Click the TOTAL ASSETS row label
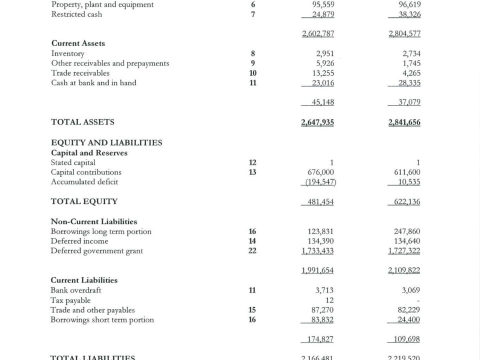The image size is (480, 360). click(x=82, y=122)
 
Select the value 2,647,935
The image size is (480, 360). click(x=318, y=122)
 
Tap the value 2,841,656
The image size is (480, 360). click(x=404, y=122)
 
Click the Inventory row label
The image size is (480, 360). click(x=67, y=53)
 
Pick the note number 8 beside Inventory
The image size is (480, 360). click(x=253, y=53)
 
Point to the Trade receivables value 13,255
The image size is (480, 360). click(x=322, y=73)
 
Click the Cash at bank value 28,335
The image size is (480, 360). click(x=408, y=83)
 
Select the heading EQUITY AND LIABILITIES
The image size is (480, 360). click(x=106, y=142)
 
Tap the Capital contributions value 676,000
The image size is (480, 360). click(x=320, y=172)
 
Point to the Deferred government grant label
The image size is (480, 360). click(x=97, y=251)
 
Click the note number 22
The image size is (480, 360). click(x=253, y=251)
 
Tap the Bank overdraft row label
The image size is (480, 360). click(x=76, y=290)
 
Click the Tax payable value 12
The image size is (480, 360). click(x=329, y=300)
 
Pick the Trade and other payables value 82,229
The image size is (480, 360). click(x=408, y=310)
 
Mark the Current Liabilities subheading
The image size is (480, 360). click(x=84, y=280)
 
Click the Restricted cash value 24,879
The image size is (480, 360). click(x=322, y=14)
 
